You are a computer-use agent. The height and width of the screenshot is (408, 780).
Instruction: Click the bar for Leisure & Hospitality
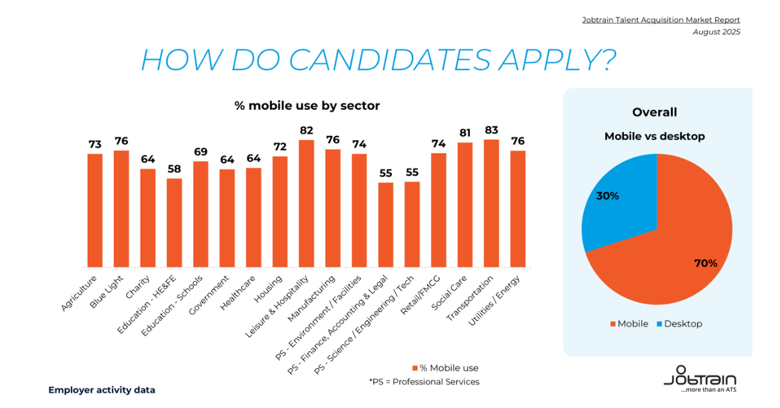[x=306, y=203]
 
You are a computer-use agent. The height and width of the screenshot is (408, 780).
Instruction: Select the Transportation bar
[x=491, y=203]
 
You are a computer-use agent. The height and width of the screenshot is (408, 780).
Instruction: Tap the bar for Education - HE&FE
[x=174, y=223]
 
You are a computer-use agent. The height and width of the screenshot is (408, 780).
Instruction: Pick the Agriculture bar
[x=95, y=210]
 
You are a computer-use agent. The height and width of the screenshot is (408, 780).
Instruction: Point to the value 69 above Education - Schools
[x=201, y=152]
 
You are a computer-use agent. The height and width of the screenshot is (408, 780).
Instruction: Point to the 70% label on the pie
[x=705, y=264]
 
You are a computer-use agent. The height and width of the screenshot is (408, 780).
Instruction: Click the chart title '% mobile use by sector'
[x=307, y=105]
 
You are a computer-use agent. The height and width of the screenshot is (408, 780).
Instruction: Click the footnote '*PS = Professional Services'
[x=424, y=381]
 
